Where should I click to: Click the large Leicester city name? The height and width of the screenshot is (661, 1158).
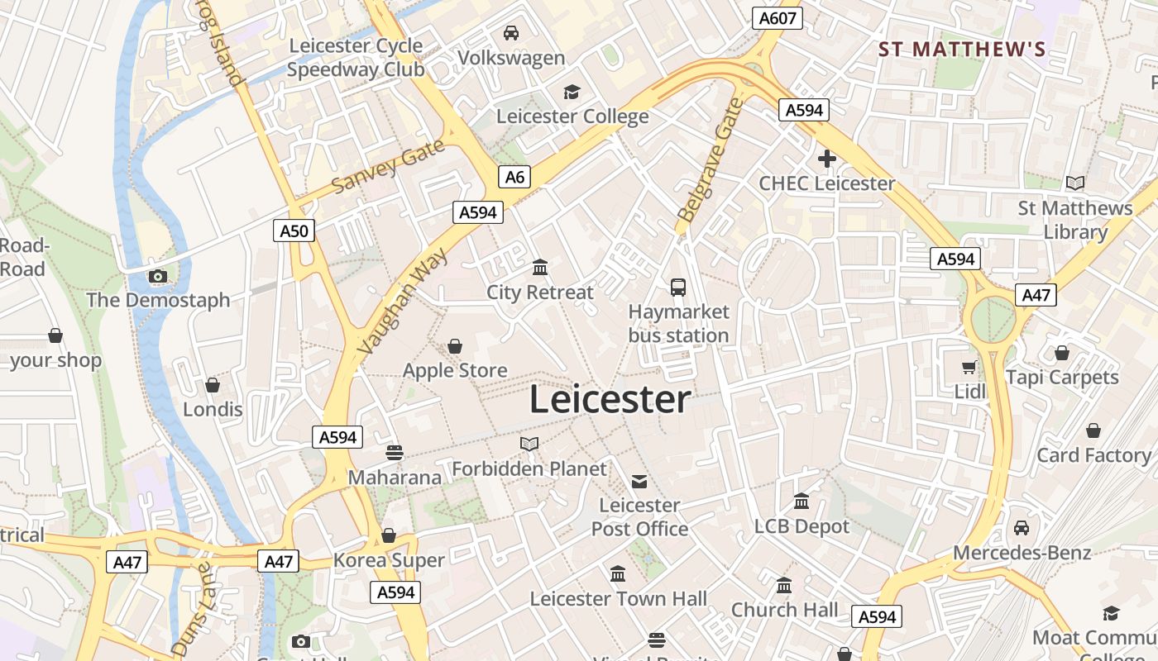[x=610, y=400]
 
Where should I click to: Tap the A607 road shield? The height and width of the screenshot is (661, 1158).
[x=778, y=18]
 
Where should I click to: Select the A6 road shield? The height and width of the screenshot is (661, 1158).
[x=514, y=176]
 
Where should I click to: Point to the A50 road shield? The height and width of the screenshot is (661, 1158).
[x=294, y=231]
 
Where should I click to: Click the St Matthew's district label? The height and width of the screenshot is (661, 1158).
[x=962, y=50]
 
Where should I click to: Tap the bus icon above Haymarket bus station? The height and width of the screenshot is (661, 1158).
[x=678, y=287]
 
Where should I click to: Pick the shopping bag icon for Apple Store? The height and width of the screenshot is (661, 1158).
[x=455, y=345]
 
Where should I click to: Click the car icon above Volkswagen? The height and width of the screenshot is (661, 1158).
[x=511, y=33]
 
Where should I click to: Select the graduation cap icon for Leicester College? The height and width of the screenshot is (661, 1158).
[x=572, y=92]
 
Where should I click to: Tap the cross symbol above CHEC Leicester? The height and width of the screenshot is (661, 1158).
[x=826, y=159]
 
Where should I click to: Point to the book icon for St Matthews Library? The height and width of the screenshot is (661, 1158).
[x=1074, y=183]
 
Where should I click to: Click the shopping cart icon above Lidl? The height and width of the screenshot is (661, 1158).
[x=969, y=366]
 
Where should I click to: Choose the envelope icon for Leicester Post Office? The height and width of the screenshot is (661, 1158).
[x=639, y=481]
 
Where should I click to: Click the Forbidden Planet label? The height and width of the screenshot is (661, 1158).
[x=529, y=468]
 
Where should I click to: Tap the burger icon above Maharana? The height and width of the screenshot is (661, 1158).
[x=395, y=452]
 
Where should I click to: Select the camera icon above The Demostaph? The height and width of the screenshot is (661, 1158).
[x=158, y=276]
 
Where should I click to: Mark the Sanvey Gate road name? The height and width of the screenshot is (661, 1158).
[x=389, y=166]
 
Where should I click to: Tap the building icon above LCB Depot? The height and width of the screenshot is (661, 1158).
[x=801, y=502]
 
